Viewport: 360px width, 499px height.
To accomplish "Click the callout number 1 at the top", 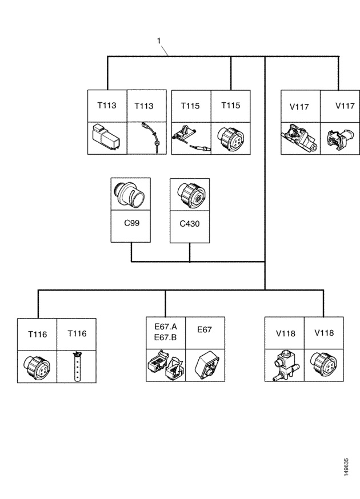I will (x=159, y=41).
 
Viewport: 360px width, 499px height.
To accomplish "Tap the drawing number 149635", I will (x=347, y=466).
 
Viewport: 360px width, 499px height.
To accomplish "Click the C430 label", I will (x=190, y=224).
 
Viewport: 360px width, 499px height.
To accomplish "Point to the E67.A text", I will (x=166, y=327).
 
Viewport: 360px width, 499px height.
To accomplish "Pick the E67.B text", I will (x=166, y=337).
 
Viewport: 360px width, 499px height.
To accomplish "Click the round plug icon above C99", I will (x=131, y=194).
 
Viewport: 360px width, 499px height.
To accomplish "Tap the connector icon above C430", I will (x=190, y=194).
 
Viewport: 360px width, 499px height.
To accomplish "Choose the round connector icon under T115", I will (x=230, y=138).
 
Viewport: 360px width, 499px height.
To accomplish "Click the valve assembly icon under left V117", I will (x=299, y=138).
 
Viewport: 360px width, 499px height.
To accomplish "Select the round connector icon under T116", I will (x=38, y=366).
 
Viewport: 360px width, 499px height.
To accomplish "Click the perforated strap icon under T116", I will (x=76, y=366).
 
